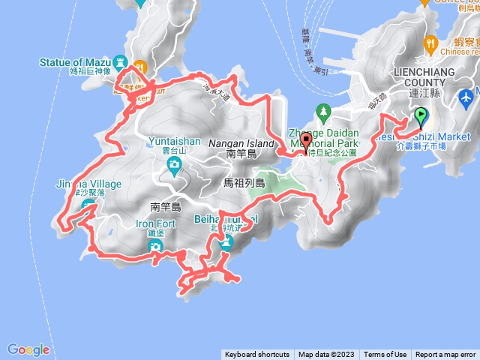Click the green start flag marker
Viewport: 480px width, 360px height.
[x=421, y=116]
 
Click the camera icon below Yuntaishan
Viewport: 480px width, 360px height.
[x=174, y=163]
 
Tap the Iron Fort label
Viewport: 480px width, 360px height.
[x=155, y=223]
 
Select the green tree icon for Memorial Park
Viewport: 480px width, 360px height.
[x=324, y=113]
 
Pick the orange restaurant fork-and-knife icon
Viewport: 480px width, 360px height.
[x=430, y=43]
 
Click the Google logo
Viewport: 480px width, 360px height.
[x=28, y=349]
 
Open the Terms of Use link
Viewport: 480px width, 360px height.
[x=385, y=355]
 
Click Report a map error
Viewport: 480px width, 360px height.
[x=445, y=355]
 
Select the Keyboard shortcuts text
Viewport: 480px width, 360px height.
[x=256, y=355]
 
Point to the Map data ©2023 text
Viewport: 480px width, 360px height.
[x=326, y=355]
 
